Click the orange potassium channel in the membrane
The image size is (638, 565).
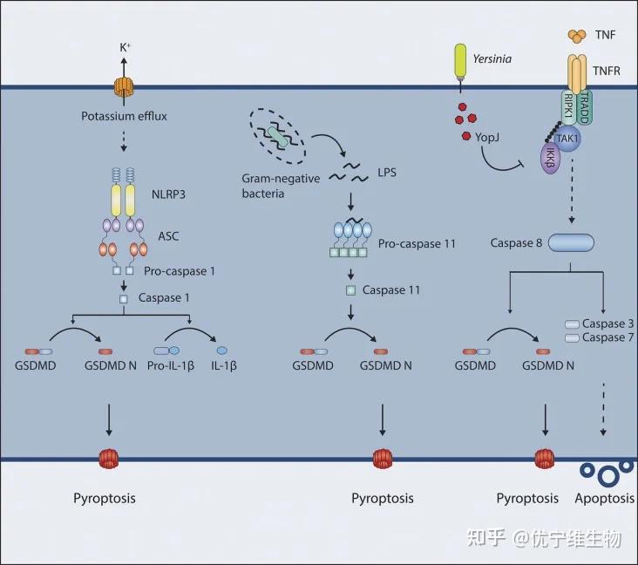click(x=123, y=88)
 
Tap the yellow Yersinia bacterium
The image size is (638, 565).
click(x=458, y=60)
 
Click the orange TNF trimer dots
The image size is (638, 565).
click(x=577, y=36)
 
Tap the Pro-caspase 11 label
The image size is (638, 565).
click(x=417, y=241)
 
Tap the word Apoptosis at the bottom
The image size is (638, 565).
click(x=606, y=499)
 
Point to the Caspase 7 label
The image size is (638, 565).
click(x=603, y=337)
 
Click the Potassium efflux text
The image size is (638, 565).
click(x=123, y=115)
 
